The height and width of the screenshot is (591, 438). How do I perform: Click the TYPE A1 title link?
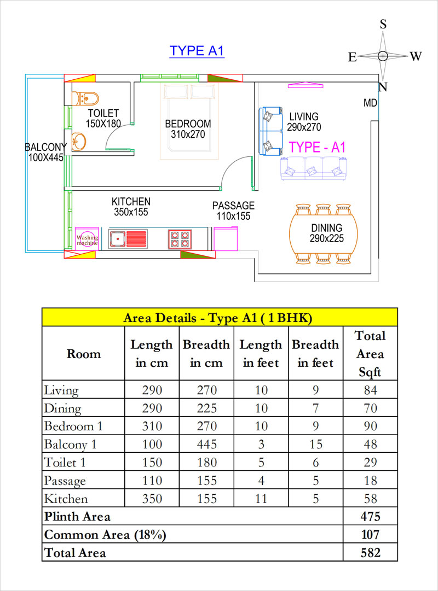pyautogui.click(x=197, y=51)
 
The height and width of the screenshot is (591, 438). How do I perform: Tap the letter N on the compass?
pyautogui.click(x=383, y=87)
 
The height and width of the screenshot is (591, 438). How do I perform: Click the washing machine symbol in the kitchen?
pyautogui.click(x=87, y=239)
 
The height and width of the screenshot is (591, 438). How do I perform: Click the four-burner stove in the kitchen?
pyautogui.click(x=180, y=239)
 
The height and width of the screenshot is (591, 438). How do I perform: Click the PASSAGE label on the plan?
pyautogui.click(x=233, y=206)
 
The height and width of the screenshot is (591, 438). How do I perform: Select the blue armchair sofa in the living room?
pyautogui.click(x=269, y=131)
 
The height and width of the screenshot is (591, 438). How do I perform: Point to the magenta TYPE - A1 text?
pyautogui.click(x=318, y=147)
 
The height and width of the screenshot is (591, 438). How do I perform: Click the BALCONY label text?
pyautogui.click(x=45, y=147)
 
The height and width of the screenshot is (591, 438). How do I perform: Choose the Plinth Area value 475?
pyautogui.click(x=370, y=517)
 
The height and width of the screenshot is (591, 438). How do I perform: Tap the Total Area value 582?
pyautogui.click(x=370, y=552)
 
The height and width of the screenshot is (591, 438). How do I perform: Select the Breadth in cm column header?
pyautogui.click(x=206, y=354)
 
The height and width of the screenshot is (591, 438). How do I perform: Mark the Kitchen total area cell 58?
pyautogui.click(x=370, y=499)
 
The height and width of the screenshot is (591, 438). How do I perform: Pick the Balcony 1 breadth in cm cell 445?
pyautogui.click(x=206, y=444)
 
